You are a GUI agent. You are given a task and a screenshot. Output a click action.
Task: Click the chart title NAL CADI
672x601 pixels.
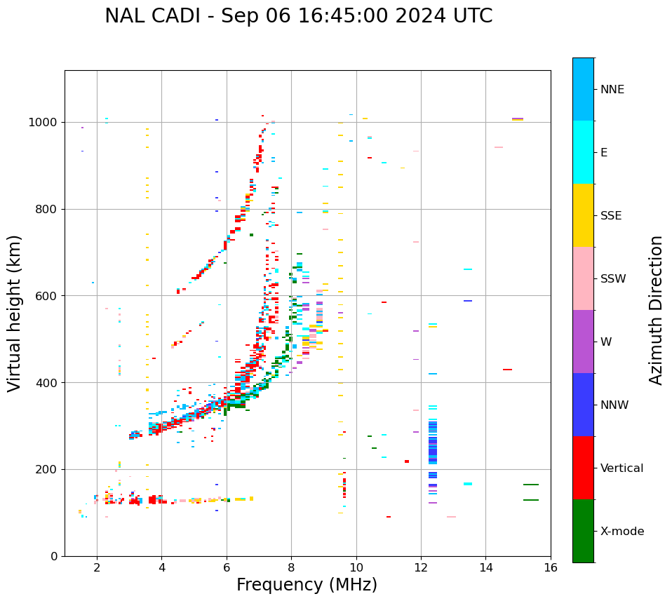(x=298, y=16)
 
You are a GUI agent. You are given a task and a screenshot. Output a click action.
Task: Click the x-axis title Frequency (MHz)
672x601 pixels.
(x=307, y=585)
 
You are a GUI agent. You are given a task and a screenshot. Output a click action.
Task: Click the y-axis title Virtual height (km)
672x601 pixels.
(x=15, y=313)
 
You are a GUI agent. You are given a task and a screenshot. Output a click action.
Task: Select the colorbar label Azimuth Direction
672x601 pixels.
(x=656, y=310)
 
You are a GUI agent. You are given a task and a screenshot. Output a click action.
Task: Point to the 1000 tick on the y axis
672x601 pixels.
(x=46, y=122)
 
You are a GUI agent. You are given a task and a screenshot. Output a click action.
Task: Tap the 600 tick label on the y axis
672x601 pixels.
(x=46, y=296)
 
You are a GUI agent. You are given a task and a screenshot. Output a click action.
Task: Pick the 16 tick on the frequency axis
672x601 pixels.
(x=551, y=567)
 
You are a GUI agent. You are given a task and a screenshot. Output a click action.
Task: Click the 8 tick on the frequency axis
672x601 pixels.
(x=291, y=567)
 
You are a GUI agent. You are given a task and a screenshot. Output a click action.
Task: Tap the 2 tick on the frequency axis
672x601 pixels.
(x=97, y=567)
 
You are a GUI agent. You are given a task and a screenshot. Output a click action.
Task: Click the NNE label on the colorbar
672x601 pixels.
(x=612, y=90)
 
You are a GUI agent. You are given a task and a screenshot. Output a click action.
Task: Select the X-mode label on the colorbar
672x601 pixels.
(x=621, y=532)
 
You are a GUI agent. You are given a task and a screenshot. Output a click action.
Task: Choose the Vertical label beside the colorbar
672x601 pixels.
(x=621, y=468)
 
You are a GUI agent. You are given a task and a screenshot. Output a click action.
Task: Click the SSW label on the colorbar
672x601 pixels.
(x=612, y=279)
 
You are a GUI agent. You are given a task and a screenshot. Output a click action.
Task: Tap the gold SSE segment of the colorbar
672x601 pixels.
(x=583, y=215)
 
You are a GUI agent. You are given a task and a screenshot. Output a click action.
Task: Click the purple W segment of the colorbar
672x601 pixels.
(x=583, y=342)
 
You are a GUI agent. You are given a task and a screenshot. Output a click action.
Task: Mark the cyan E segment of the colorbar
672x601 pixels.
(x=583, y=152)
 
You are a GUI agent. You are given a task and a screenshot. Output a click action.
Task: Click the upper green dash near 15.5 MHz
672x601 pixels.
(x=531, y=485)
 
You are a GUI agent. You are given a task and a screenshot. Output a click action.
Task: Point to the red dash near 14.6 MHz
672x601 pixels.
(x=507, y=370)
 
